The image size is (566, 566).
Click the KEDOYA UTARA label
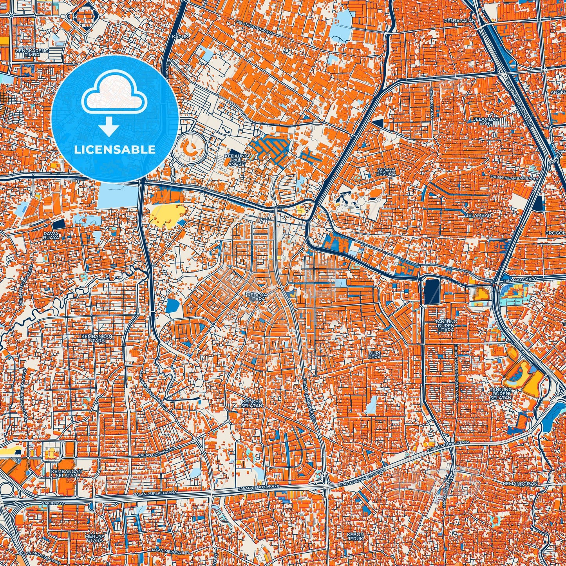256,296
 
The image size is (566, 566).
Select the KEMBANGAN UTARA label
96,338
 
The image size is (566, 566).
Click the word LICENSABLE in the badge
115,150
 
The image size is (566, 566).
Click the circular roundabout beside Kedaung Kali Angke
192,148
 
